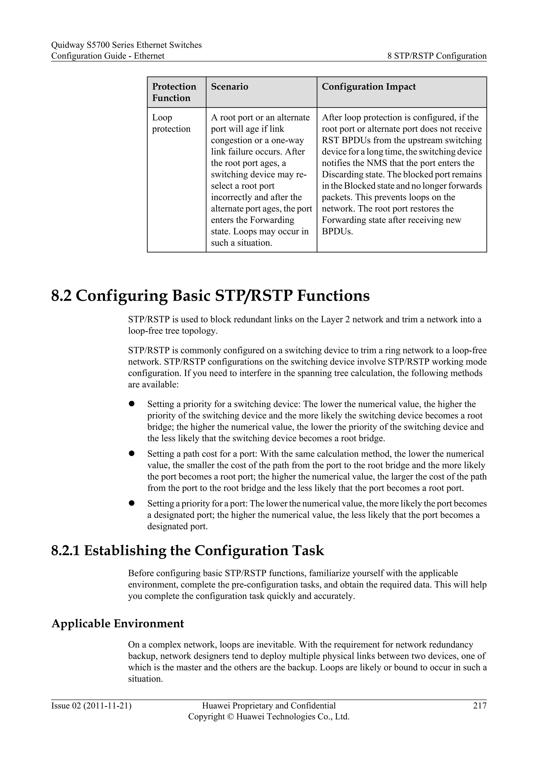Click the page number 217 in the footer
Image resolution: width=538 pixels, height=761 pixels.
(x=480, y=706)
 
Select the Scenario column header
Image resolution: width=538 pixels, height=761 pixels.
(x=229, y=86)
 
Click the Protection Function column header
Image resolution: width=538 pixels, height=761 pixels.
(x=174, y=92)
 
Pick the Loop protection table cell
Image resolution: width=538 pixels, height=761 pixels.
(x=171, y=123)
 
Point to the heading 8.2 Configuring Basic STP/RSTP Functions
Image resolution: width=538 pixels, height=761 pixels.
(x=210, y=296)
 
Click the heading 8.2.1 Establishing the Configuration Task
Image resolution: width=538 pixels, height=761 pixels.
(x=187, y=551)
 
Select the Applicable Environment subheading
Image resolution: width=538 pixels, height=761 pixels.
(x=118, y=624)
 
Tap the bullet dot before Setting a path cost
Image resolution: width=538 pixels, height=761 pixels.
(x=132, y=453)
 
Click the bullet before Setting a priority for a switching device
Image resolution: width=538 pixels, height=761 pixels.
(x=132, y=404)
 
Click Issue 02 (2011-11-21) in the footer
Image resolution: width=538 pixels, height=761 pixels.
(x=91, y=706)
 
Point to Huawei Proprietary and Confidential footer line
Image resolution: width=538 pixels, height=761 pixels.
(x=269, y=706)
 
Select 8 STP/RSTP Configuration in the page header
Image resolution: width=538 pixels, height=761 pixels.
(x=437, y=56)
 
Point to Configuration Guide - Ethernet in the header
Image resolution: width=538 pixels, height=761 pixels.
(x=108, y=56)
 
